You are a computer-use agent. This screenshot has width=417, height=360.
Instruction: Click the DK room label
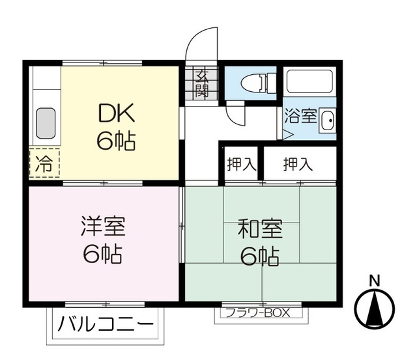tap(117, 114)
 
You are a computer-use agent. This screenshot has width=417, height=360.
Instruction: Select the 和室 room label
tap(259, 230)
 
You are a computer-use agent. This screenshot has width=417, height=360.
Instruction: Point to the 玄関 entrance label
tap(201, 83)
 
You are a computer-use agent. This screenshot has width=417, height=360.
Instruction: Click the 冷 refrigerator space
tap(43, 163)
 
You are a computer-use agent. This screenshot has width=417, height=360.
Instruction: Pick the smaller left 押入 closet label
tap(240, 164)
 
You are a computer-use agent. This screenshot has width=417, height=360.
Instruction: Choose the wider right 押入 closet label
tap(298, 164)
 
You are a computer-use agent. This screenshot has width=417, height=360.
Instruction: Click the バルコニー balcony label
tap(106, 324)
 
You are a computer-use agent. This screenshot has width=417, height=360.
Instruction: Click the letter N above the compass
tap(375, 281)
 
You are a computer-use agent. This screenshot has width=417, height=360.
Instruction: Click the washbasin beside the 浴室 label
tap(327, 120)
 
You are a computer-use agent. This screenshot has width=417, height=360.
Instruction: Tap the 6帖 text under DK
tap(117, 141)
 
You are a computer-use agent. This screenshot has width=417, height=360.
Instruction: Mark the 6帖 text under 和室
tap(259, 257)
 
